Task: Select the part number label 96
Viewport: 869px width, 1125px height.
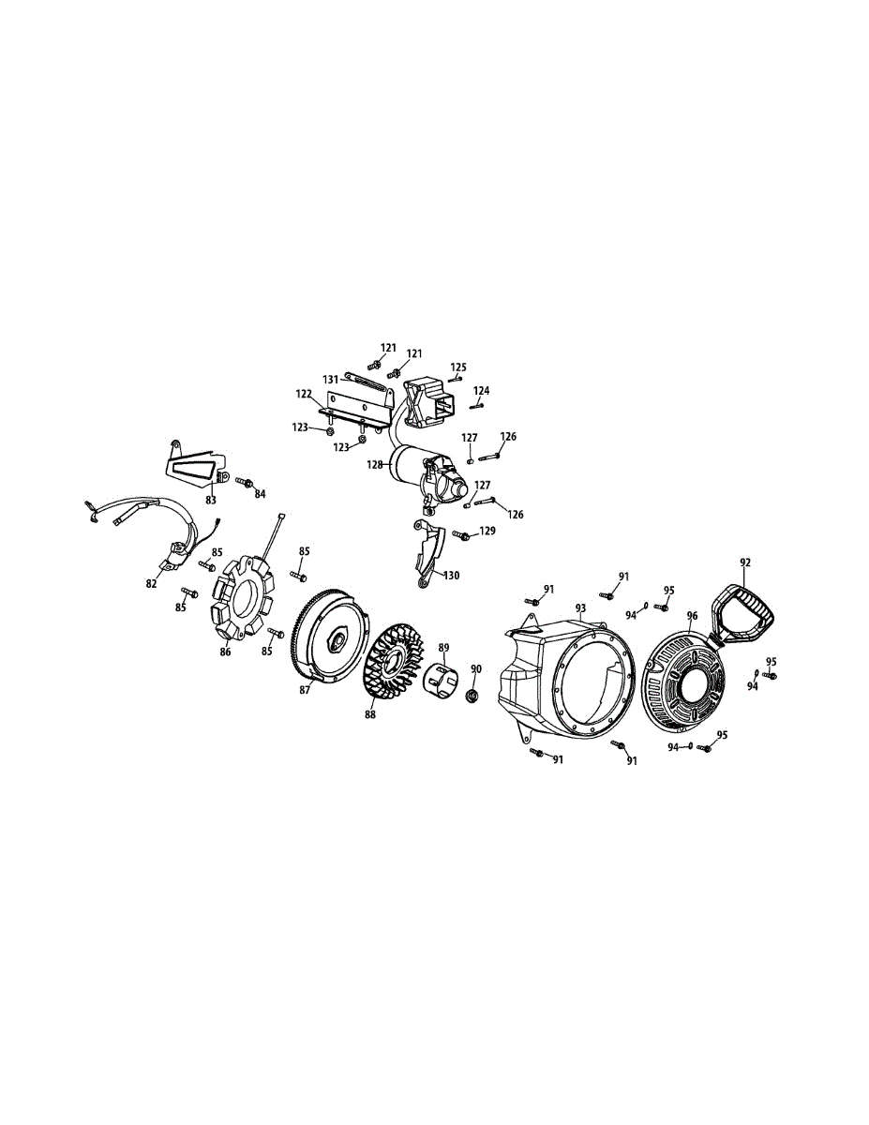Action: click(692, 616)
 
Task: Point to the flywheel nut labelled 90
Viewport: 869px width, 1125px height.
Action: click(472, 697)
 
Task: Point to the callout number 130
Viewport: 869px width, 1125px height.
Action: click(451, 576)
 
